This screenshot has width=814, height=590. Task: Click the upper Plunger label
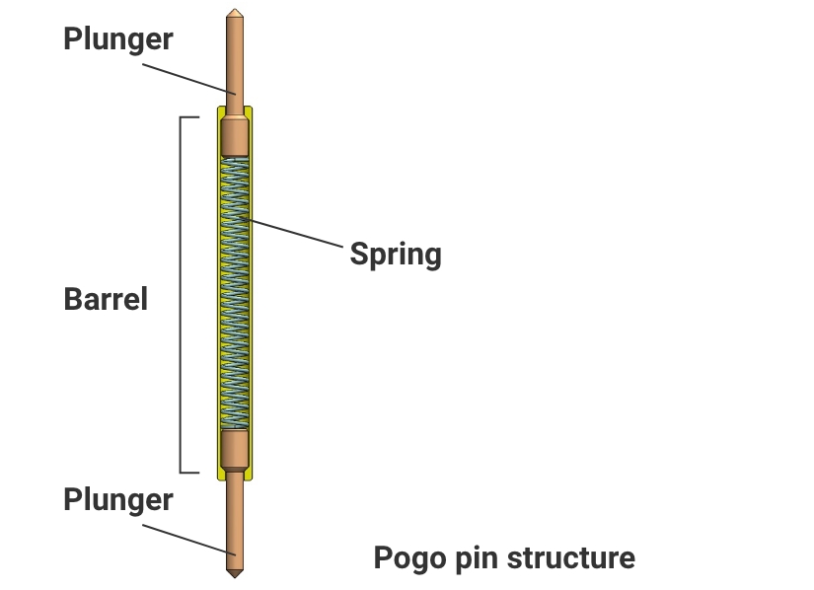click(117, 39)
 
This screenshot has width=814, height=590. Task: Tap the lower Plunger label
click(117, 499)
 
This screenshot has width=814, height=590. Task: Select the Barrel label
click(106, 299)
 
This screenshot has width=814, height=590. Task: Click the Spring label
click(396, 255)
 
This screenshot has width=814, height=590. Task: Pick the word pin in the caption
click(476, 558)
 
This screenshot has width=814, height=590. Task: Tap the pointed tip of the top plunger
click(234, 14)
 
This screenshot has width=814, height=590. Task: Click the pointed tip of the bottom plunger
click(234, 574)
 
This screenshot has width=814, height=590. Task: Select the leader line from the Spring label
click(296, 233)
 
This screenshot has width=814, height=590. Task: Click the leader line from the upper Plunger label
click(187, 79)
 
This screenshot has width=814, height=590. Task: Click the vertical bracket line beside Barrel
click(181, 296)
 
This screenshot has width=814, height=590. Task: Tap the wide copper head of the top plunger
click(234, 136)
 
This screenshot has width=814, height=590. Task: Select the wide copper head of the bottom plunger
click(234, 449)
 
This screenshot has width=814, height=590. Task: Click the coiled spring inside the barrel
click(234, 296)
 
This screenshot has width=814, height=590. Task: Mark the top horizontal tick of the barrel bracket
click(189, 118)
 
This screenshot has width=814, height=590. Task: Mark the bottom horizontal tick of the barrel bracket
click(189, 472)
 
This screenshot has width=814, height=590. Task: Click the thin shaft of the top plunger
click(234, 59)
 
